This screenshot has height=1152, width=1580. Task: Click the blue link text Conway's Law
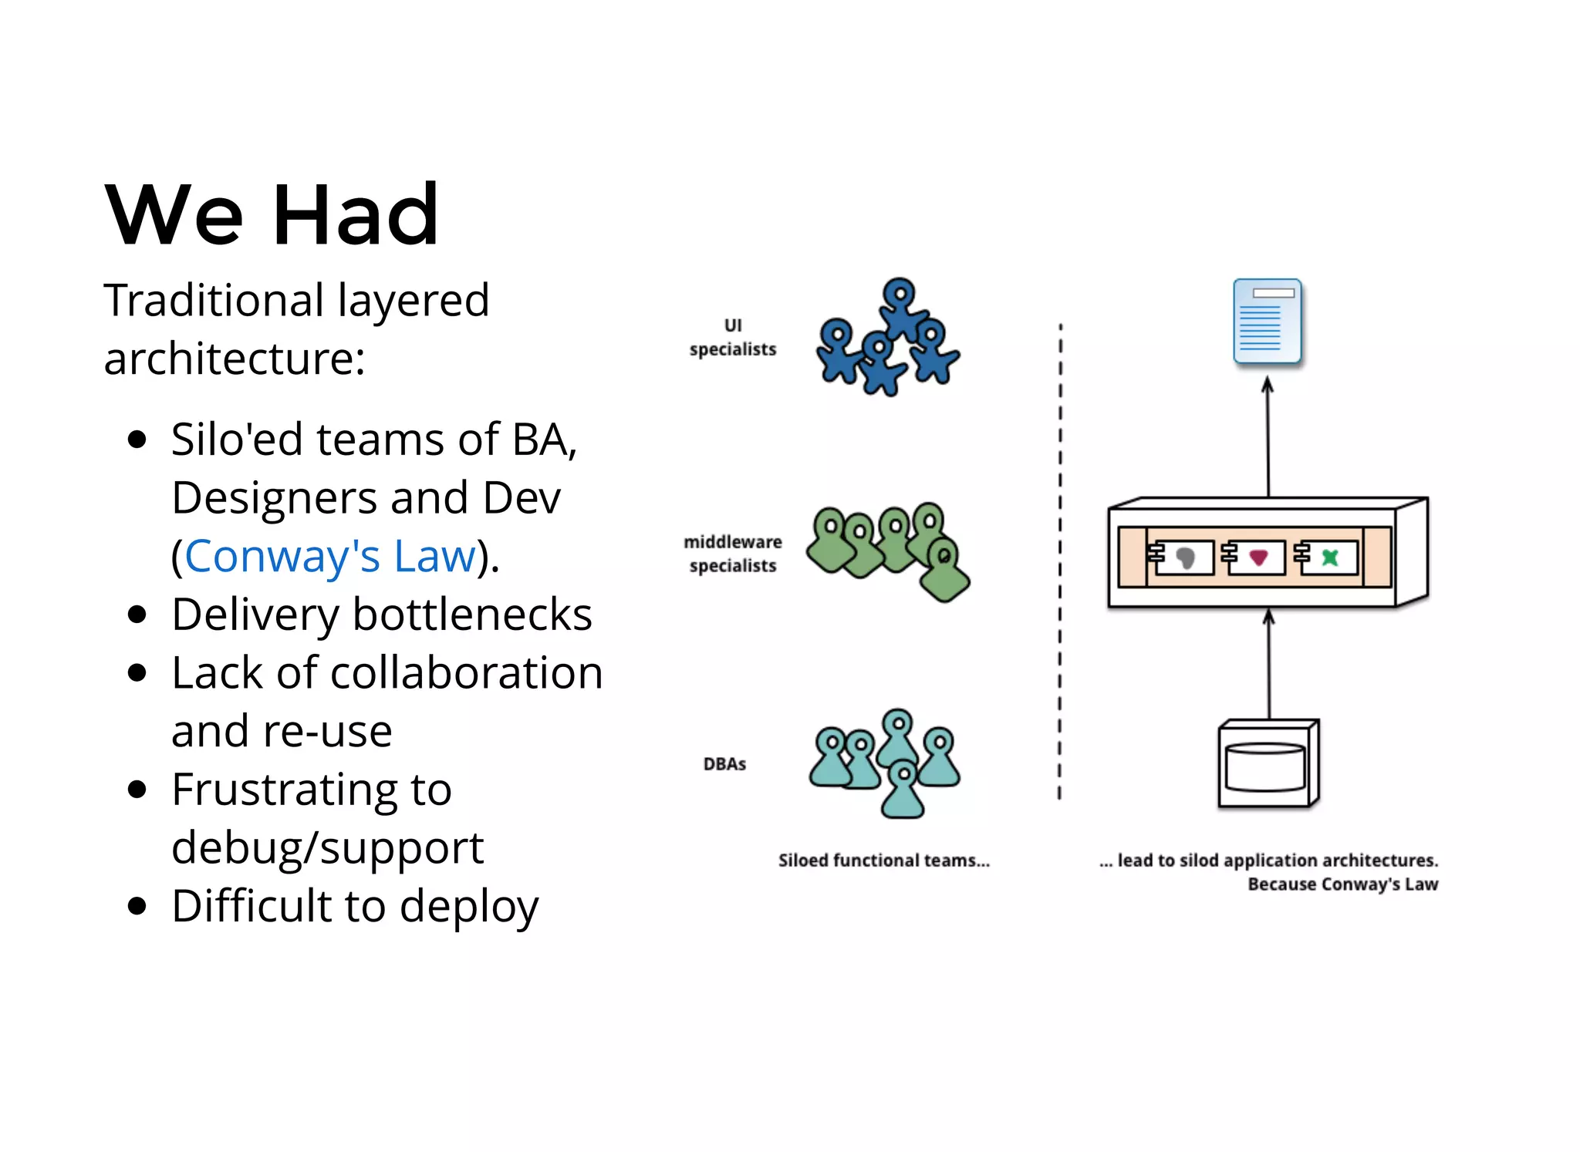tap(330, 556)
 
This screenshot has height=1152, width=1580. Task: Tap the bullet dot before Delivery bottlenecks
tap(137, 615)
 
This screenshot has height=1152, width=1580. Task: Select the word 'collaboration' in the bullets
tap(466, 672)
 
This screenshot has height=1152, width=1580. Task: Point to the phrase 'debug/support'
tap(327, 847)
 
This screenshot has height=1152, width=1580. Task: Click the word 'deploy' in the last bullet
tap(469, 906)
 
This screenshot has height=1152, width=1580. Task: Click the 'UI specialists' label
tap(732, 338)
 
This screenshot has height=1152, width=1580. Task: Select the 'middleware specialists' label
tap(732, 554)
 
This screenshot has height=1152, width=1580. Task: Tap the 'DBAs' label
tap(724, 764)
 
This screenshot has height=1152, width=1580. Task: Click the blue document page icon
tap(1268, 322)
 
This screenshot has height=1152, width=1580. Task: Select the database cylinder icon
tap(1266, 766)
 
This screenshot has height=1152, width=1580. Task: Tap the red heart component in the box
tap(1258, 557)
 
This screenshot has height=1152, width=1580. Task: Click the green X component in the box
tap(1330, 557)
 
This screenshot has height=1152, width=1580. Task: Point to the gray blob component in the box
tap(1186, 557)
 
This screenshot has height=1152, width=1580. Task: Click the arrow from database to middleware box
tap(1269, 663)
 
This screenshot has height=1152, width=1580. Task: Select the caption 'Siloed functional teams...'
tap(883, 861)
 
